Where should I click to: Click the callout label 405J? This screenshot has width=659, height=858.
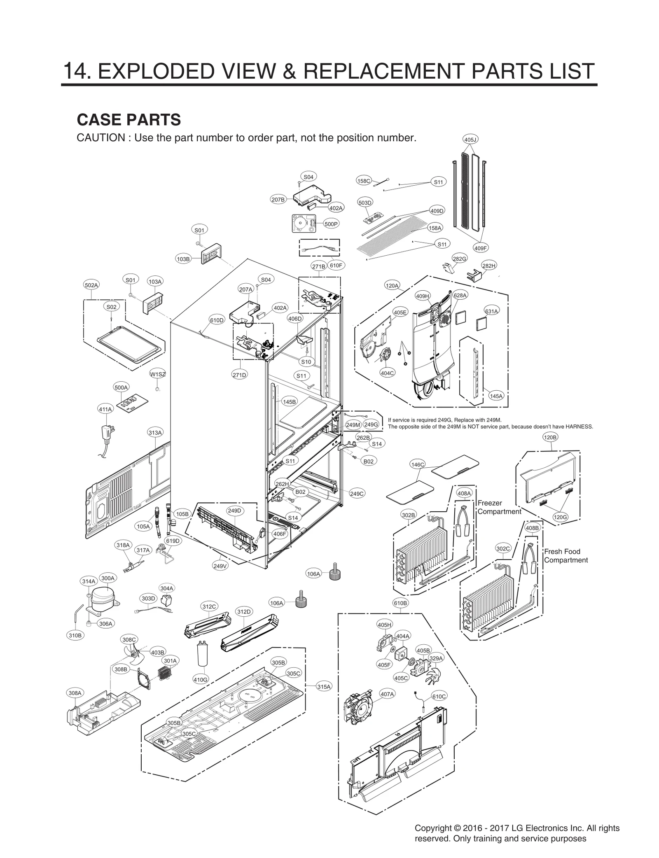pos(470,140)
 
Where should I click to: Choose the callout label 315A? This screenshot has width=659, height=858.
pos(324,686)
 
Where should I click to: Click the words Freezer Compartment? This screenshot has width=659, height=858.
pos(499,507)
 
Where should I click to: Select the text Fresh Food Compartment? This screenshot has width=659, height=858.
pos(566,556)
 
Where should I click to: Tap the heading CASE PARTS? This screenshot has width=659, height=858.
pos(129,119)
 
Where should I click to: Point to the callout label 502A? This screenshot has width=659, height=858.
pos(91,285)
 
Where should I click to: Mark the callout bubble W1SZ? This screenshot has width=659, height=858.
pos(157,374)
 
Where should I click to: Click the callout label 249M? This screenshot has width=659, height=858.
pos(353,424)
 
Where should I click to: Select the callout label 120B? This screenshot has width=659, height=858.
pos(550,437)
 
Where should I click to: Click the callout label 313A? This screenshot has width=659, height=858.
pos(155,432)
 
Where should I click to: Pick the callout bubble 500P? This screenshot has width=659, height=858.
pos(331,224)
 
